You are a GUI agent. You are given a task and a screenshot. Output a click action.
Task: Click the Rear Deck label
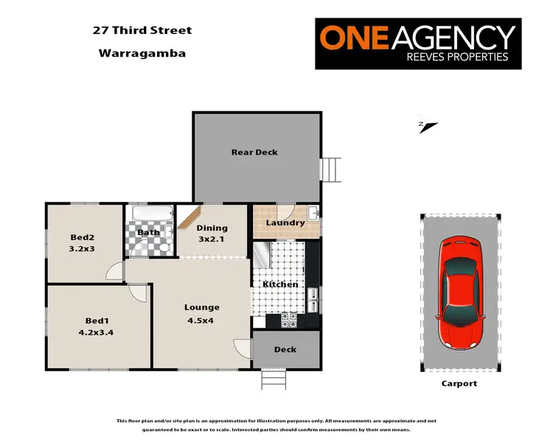[254, 152]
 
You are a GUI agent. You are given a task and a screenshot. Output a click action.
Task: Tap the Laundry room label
[285, 222]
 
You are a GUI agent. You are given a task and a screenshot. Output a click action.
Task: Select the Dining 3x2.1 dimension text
[212, 239]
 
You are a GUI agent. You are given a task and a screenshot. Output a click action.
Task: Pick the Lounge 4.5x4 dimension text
[202, 320]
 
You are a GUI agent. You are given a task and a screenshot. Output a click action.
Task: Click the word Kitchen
[281, 284]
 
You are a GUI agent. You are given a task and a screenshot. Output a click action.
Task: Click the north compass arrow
[428, 125]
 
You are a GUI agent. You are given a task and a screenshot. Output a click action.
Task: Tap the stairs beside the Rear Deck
[333, 170]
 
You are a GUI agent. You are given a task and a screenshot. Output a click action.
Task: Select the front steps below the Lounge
[273, 379]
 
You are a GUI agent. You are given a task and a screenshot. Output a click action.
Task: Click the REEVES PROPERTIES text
[462, 57]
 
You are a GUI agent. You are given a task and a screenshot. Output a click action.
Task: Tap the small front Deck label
[285, 350]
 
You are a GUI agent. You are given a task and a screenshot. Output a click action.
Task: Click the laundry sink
[313, 214]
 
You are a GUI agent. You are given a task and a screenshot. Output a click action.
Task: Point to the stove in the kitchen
[288, 320]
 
